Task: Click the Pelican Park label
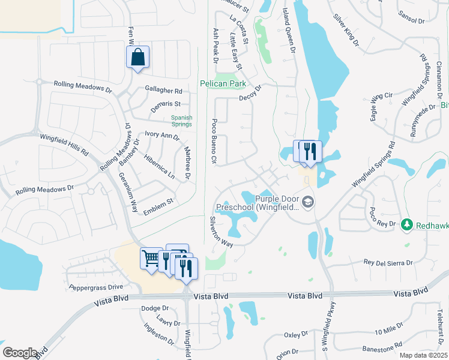(224, 84)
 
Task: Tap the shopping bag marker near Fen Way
(137, 58)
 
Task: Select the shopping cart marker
(150, 259)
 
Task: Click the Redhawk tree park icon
(406, 224)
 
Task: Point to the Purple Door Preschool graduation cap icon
(308, 202)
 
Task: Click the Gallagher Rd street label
(163, 91)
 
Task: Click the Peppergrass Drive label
(96, 287)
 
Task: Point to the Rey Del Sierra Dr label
(389, 263)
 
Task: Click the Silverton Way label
(221, 232)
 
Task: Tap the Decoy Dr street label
(251, 95)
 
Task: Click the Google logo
(20, 352)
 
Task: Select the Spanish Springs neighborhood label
(181, 121)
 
